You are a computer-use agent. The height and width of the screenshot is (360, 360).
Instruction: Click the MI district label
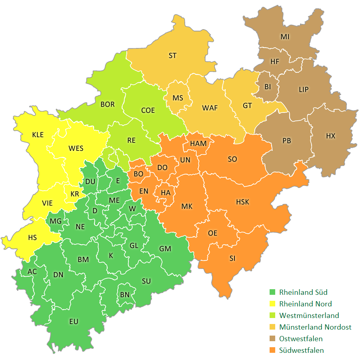click(285, 37)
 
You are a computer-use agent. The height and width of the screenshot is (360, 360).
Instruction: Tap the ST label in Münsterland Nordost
click(172, 56)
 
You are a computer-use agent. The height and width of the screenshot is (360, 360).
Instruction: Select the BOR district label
click(108, 104)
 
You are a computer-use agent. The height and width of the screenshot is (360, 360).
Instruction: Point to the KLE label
click(38, 135)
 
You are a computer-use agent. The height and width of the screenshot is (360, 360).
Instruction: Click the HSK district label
click(242, 202)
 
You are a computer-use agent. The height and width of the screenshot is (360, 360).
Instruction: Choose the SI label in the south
click(232, 258)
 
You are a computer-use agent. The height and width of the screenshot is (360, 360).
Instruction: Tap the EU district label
click(74, 322)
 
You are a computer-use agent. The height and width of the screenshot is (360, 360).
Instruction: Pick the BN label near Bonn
click(125, 294)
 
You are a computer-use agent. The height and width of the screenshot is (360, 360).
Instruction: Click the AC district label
click(32, 272)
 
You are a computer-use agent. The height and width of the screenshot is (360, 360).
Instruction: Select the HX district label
click(330, 136)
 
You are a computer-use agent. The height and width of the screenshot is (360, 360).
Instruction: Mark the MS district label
click(178, 98)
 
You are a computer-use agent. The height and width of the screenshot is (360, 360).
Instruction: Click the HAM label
click(198, 144)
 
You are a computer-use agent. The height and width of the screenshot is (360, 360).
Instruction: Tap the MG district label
click(56, 221)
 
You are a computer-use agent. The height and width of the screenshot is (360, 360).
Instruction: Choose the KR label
click(75, 194)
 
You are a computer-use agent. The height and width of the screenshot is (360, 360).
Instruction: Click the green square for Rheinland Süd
click(273, 292)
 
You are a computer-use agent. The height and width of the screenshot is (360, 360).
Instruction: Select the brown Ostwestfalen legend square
click(273, 339)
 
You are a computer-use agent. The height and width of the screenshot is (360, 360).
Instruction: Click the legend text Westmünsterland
click(309, 316)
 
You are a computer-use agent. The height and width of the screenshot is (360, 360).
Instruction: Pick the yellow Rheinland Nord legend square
click(273, 304)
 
